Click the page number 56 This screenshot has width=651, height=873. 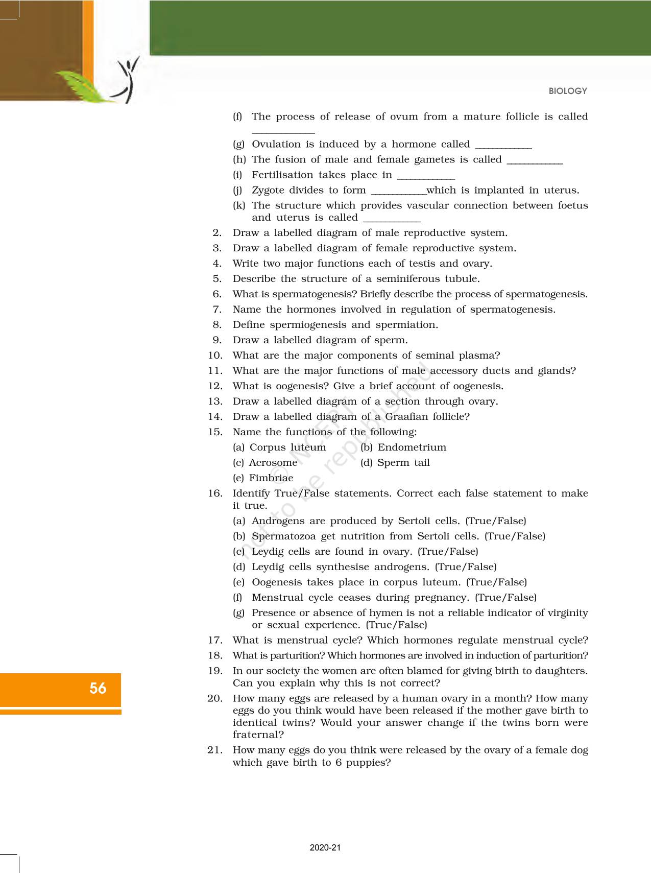click(98, 689)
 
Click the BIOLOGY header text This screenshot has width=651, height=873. click(568, 91)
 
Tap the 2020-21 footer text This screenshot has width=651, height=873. click(325, 848)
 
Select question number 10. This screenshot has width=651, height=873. click(215, 356)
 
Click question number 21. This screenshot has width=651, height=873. click(215, 750)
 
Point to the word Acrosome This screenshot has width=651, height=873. click(273, 463)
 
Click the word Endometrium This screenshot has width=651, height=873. click(412, 447)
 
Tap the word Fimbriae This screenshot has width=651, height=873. click(271, 478)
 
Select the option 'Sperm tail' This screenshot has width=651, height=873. click(403, 463)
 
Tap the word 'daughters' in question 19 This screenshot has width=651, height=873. click(561, 671)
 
